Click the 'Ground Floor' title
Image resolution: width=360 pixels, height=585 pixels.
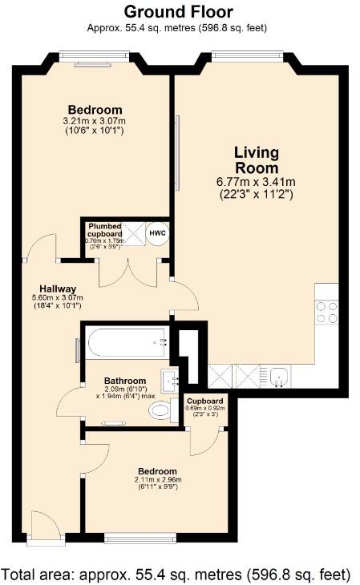[x=179, y=11]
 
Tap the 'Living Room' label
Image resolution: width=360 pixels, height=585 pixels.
[x=256, y=160]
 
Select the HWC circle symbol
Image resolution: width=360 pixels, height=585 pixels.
[x=156, y=233]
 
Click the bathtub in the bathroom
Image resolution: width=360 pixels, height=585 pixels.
[x=127, y=344]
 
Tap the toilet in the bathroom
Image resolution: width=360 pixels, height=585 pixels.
[x=161, y=411]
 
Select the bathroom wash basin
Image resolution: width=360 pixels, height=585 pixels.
[x=170, y=378]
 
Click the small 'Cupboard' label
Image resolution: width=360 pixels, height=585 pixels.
[x=206, y=400]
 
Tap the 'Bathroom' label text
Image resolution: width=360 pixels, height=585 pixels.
[x=125, y=381]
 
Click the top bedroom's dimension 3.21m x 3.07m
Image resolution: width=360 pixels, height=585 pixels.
[x=95, y=121]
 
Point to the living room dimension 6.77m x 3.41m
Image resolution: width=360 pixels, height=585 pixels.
[x=257, y=182]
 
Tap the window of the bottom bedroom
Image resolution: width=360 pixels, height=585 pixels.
[x=140, y=538]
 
